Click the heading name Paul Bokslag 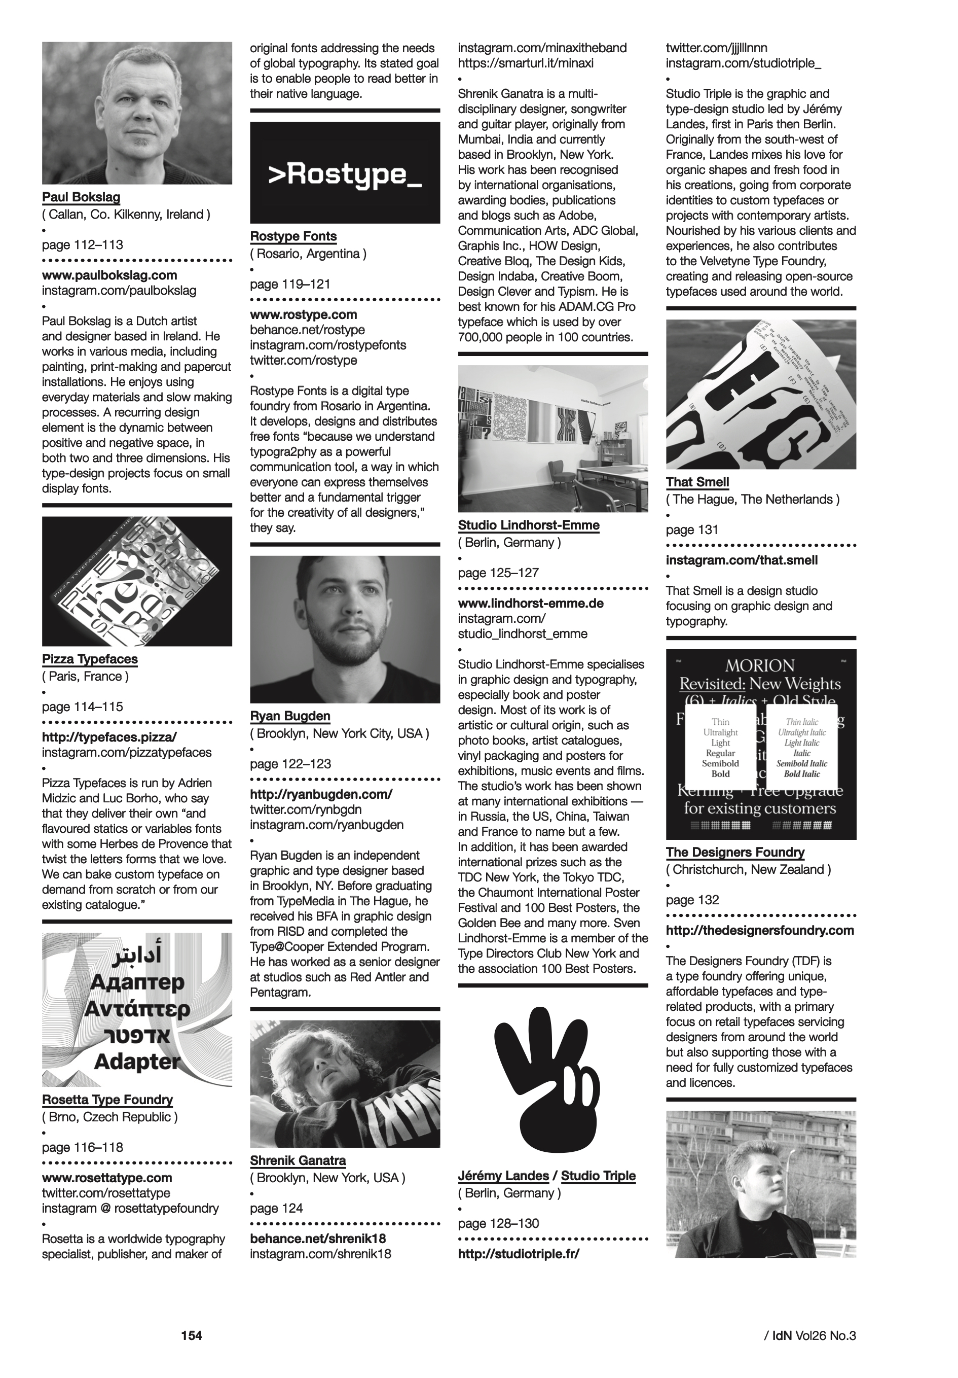click(81, 197)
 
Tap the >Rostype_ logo click(345, 174)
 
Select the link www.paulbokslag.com click(109, 275)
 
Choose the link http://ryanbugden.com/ click(321, 794)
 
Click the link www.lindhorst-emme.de click(530, 603)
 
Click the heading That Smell click(697, 482)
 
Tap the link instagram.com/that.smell click(742, 560)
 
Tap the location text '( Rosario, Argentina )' click(308, 254)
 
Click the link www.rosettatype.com click(107, 1178)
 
